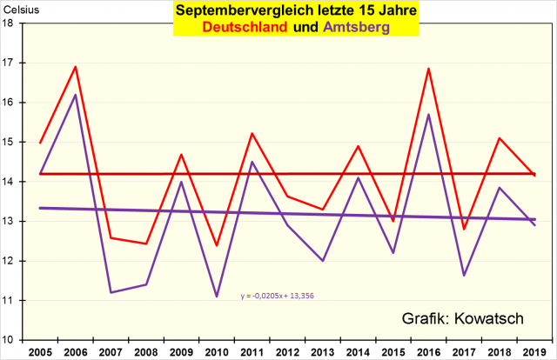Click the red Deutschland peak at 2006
76,67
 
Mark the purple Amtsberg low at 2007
111,292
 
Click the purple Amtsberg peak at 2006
76,95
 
